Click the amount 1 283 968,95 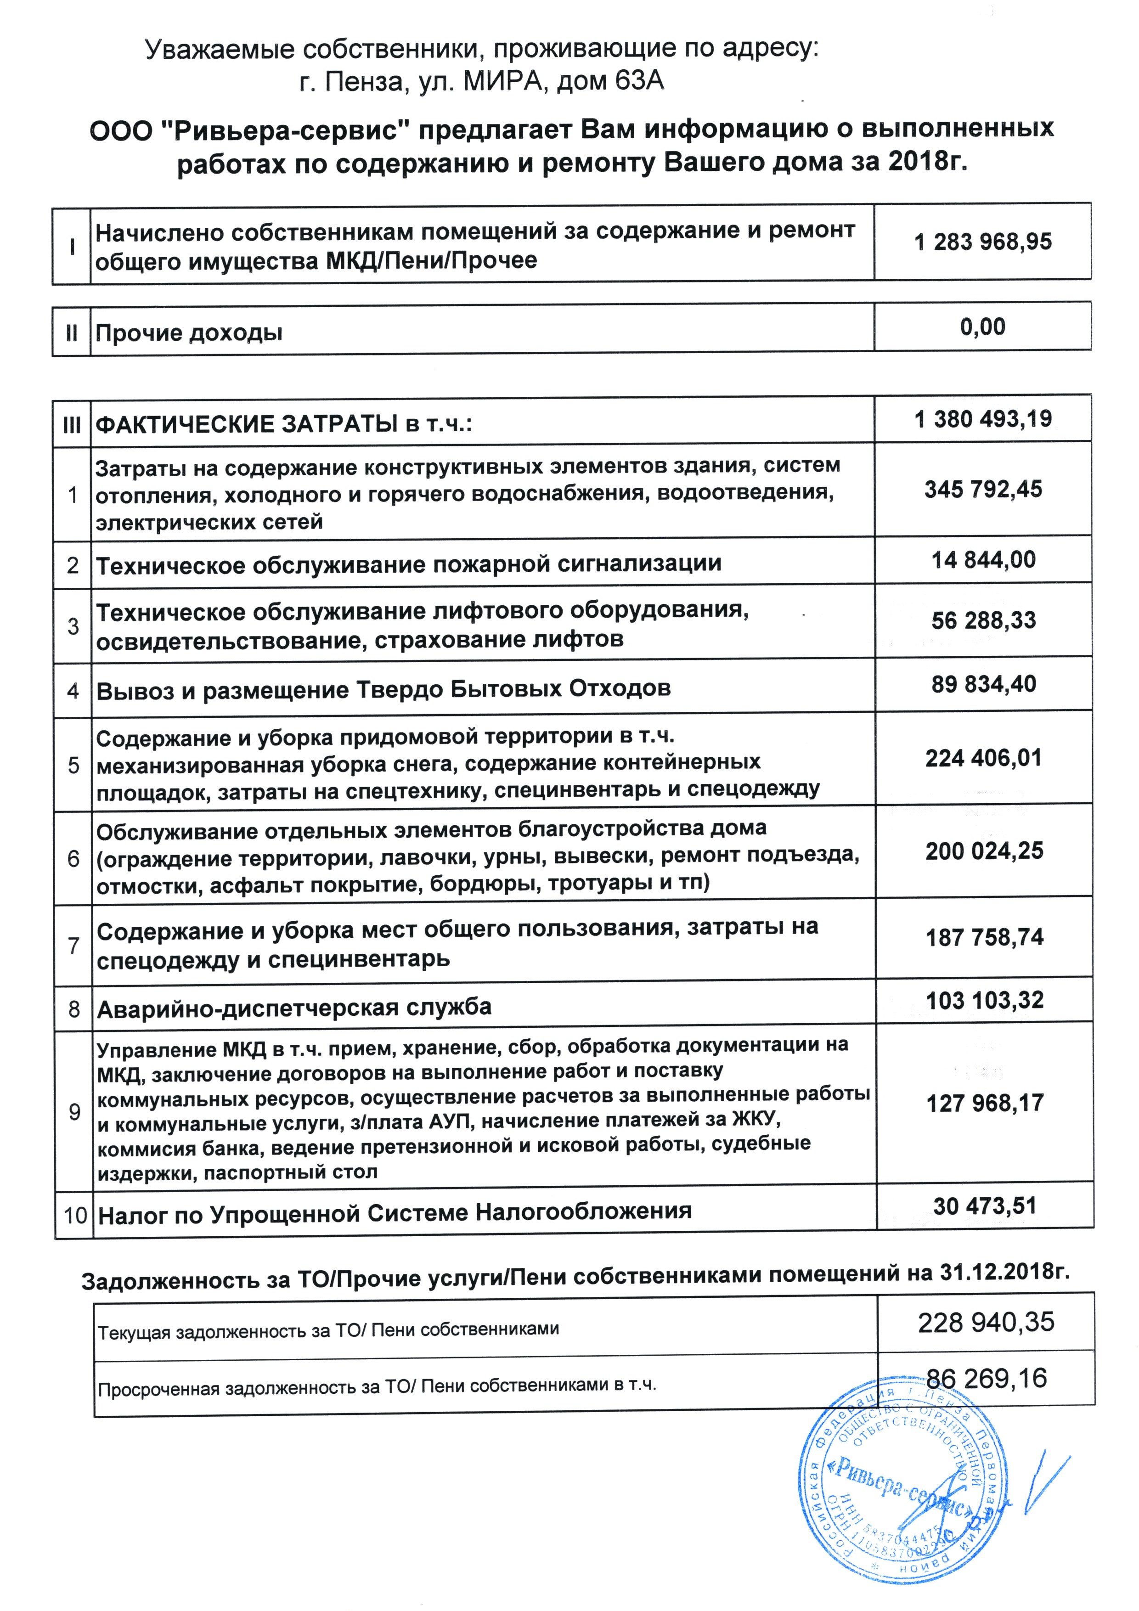click(982, 242)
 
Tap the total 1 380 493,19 click(982, 420)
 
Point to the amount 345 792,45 click(982, 489)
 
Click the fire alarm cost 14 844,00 click(983, 560)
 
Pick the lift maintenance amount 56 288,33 click(983, 620)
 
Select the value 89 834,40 click(983, 684)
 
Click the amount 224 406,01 click(983, 758)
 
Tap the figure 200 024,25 click(984, 851)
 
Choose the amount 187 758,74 click(984, 937)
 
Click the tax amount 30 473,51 click(985, 1206)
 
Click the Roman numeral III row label click(72, 424)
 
